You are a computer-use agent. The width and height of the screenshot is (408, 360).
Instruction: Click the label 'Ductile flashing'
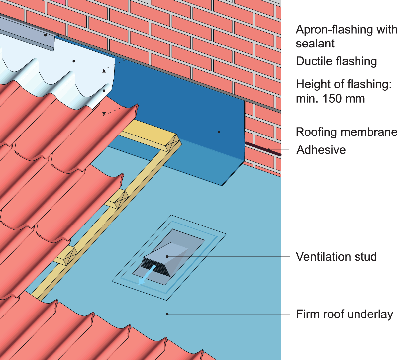pos(336,61)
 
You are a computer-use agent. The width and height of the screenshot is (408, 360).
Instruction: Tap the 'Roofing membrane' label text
pos(347,132)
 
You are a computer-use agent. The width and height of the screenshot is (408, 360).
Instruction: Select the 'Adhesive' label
pos(321,150)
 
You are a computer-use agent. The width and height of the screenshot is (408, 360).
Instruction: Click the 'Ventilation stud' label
pos(336,257)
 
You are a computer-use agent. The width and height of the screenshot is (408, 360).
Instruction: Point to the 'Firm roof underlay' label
pos(344,314)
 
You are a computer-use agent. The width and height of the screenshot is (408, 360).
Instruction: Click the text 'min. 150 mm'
pos(330,99)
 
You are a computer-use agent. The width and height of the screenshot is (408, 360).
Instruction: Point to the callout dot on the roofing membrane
pos(219,132)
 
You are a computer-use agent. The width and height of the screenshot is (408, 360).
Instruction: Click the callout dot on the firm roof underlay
pos(167,314)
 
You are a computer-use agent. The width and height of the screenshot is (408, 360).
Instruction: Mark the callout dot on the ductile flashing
pos(74,61)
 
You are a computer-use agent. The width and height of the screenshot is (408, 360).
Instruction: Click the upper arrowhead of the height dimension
pos(104,71)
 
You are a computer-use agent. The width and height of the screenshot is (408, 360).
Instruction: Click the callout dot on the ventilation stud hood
pos(168,257)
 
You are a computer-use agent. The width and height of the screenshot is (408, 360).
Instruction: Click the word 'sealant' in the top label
pos(315,44)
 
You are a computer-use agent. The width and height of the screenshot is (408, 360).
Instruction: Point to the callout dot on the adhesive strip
pos(269,150)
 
